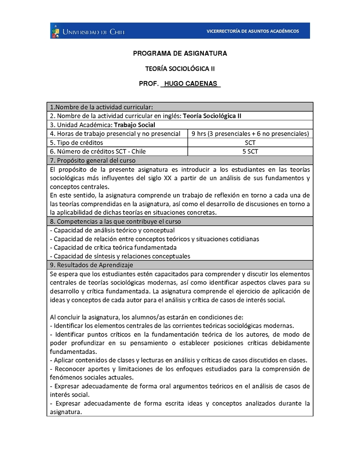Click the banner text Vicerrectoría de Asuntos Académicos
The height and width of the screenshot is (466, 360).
(252, 31)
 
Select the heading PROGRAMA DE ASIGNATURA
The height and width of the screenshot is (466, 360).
(180, 54)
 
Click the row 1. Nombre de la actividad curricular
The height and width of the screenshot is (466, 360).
(102, 107)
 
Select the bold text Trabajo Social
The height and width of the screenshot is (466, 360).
(135, 125)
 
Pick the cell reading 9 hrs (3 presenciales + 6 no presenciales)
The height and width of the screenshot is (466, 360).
(250, 134)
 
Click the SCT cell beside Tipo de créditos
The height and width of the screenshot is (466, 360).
(250, 142)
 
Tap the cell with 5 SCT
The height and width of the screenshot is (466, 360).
(250, 151)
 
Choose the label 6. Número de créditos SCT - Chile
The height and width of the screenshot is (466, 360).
(98, 151)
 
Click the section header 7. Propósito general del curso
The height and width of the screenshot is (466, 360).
(93, 160)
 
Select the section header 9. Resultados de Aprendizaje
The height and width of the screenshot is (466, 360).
(92, 265)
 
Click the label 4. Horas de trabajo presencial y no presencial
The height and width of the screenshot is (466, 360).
(116, 134)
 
